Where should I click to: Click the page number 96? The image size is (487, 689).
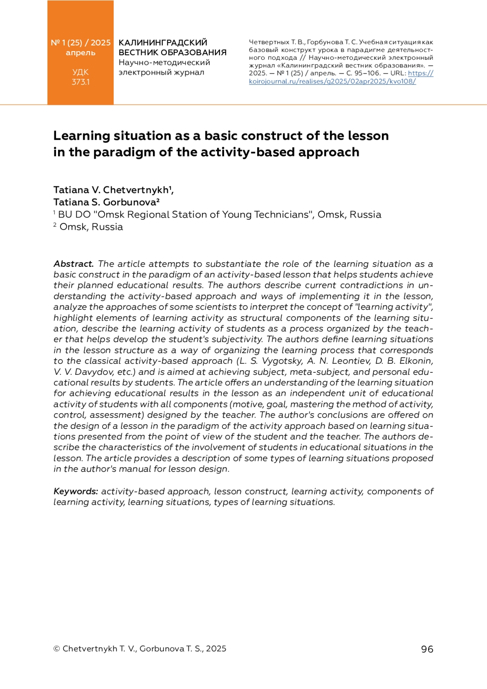(427, 649)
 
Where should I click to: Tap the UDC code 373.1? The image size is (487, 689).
(80, 82)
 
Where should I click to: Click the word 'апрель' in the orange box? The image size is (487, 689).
(80, 53)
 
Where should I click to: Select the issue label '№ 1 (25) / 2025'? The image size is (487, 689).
(80, 43)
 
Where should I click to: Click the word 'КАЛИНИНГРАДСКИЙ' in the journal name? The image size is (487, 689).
(163, 43)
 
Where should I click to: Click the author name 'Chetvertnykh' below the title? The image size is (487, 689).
(136, 190)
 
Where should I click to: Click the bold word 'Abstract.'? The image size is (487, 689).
(73, 264)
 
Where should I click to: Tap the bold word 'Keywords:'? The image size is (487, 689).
(76, 491)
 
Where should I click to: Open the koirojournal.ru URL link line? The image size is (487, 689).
(332, 81)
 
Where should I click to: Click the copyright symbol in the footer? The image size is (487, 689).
(57, 649)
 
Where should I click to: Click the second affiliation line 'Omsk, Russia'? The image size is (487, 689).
(91, 227)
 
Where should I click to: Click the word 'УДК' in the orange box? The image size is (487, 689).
(80, 72)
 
